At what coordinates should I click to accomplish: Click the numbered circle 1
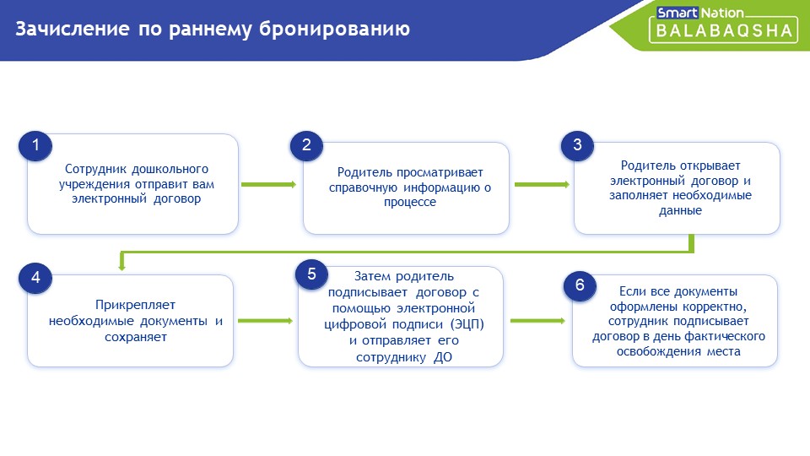click(x=35, y=145)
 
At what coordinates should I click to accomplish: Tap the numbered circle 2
click(x=306, y=145)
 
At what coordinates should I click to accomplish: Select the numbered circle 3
click(x=577, y=145)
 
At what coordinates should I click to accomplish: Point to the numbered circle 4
click(x=35, y=278)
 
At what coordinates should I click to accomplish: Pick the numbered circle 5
click(x=311, y=274)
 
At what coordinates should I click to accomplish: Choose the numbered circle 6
click(x=580, y=285)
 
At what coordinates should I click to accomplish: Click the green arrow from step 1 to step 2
click(x=268, y=185)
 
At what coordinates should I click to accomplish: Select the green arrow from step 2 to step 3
click(x=542, y=185)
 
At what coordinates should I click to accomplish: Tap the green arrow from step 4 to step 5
click(x=265, y=321)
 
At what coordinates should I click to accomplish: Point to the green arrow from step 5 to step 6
click(x=537, y=321)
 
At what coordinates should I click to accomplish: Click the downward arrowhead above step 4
click(x=121, y=267)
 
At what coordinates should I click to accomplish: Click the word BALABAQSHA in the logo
click(x=724, y=31)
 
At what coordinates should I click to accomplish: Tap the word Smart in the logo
click(x=678, y=13)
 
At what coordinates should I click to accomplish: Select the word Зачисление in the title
click(x=73, y=29)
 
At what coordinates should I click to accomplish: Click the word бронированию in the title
click(x=334, y=30)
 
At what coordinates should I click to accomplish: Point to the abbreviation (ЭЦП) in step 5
click(x=467, y=324)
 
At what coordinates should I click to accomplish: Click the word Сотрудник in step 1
click(x=95, y=170)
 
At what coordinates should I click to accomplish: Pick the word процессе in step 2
click(x=410, y=203)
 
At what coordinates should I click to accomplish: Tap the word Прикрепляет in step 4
click(x=135, y=305)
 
